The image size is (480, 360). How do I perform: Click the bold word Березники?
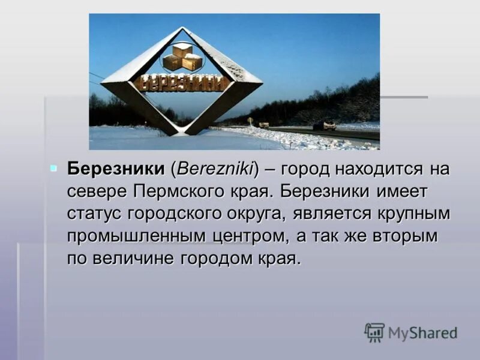tap(116, 169)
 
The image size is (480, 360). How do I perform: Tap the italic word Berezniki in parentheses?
tap(215, 169)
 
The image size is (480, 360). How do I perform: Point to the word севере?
tap(95, 191)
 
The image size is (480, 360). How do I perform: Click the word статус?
tap(99, 214)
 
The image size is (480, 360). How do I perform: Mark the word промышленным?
tap(137, 236)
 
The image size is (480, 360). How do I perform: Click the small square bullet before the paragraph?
tap(53, 167)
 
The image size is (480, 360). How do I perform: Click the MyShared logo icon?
tap(374, 332)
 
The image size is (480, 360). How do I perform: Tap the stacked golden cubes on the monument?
tap(182, 56)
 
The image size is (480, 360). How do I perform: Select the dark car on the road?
tap(325, 126)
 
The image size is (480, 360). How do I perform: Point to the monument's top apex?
tap(182, 28)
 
